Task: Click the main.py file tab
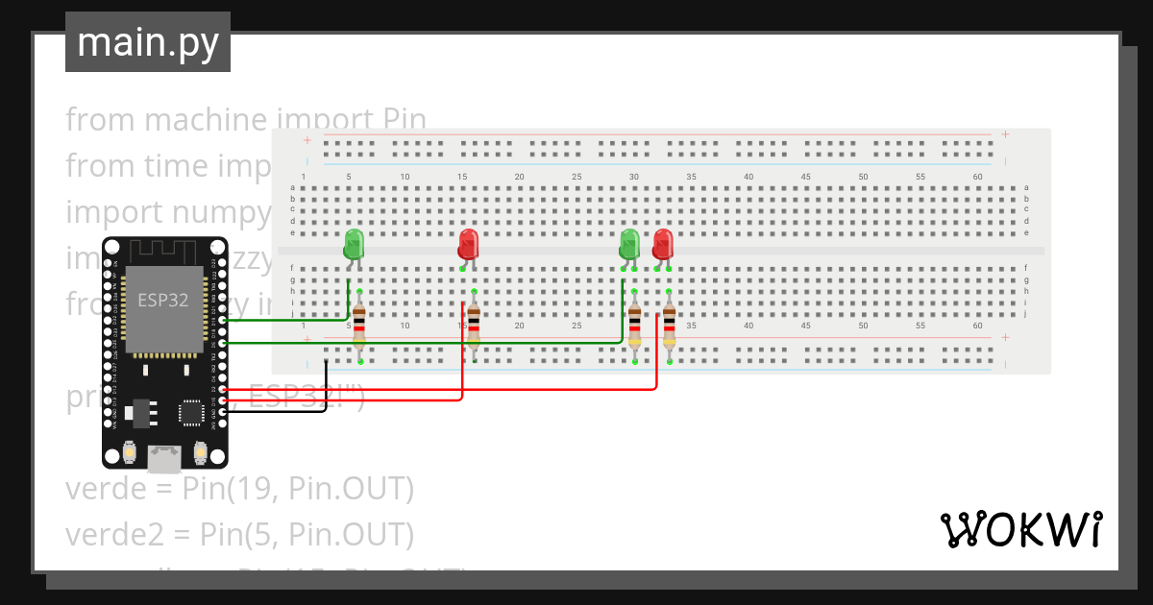[x=148, y=42]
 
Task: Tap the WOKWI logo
[x=1020, y=530]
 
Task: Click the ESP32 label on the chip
[x=163, y=299]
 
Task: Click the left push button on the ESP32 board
[x=129, y=451]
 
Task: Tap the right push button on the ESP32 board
[x=201, y=451]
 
